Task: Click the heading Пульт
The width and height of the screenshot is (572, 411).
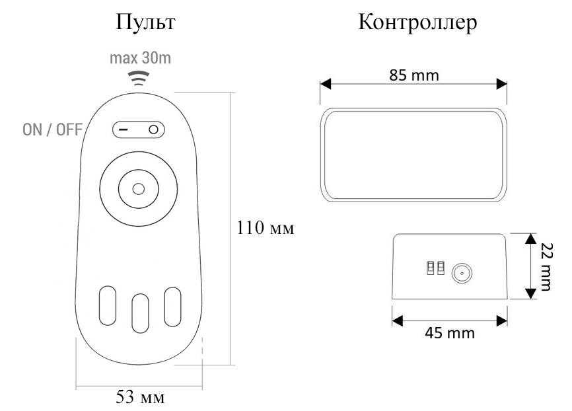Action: (x=145, y=22)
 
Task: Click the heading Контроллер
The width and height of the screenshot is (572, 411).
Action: (x=417, y=22)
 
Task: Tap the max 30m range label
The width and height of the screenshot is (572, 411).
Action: (x=141, y=58)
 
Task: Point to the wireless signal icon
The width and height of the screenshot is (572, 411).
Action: (x=138, y=78)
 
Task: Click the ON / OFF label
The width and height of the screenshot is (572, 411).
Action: (x=53, y=130)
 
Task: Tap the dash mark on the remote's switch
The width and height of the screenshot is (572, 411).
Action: (x=124, y=130)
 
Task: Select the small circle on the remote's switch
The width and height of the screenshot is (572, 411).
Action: (x=154, y=130)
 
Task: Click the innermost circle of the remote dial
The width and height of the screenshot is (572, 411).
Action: (x=139, y=189)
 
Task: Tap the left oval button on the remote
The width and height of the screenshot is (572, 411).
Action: (x=108, y=306)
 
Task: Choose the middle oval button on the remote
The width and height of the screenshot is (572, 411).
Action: (x=140, y=313)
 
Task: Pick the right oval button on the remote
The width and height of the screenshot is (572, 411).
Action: (x=172, y=307)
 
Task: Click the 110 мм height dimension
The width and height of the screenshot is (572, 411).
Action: (x=266, y=228)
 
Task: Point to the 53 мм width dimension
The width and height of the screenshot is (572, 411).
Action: (x=141, y=396)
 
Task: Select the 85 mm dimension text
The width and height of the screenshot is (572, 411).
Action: (x=414, y=75)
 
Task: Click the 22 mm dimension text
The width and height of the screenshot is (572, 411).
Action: (x=546, y=266)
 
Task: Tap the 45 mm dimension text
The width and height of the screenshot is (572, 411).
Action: (x=450, y=333)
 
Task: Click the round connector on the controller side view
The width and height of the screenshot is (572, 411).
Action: (x=462, y=273)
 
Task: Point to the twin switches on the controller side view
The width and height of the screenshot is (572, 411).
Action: (x=436, y=268)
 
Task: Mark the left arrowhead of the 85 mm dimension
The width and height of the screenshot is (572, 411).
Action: (x=326, y=84)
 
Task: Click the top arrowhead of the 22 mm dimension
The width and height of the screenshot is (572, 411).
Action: (x=531, y=239)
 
